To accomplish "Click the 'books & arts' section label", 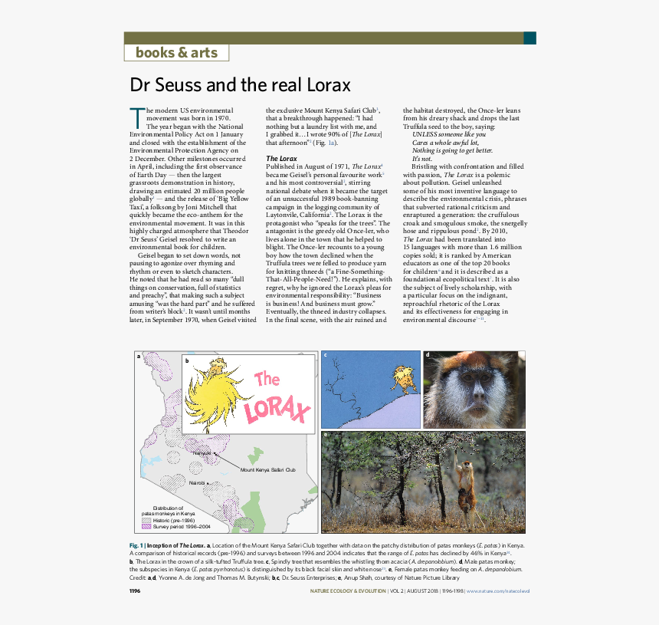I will tap(176, 53).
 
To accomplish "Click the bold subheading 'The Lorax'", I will tap(281, 158).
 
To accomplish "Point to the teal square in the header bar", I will tap(529, 38).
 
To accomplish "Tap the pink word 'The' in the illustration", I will tap(267, 379).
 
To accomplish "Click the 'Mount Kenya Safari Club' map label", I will tap(267, 469).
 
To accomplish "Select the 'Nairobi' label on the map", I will tap(198, 483).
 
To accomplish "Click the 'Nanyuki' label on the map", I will tap(202, 453).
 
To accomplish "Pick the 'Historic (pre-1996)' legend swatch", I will tap(146, 520).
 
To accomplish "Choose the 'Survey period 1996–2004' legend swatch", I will tap(146, 527).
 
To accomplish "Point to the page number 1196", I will tap(135, 591).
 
